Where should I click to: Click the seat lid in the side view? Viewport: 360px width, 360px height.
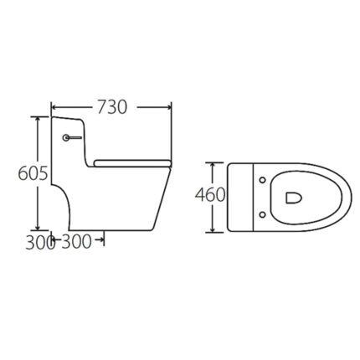point(133,160)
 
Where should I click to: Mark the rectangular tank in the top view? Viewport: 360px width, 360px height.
point(240,196)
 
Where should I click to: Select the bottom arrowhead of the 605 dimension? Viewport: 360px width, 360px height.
point(37,228)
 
